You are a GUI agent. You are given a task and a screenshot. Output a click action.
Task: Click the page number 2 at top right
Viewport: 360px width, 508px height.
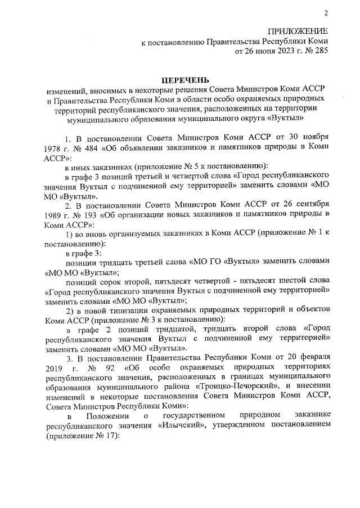coord(326,13)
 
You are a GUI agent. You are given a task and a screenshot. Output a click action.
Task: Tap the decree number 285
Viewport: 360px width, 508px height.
coord(321,52)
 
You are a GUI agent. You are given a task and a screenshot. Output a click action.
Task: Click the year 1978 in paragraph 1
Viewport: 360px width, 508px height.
coord(52,148)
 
